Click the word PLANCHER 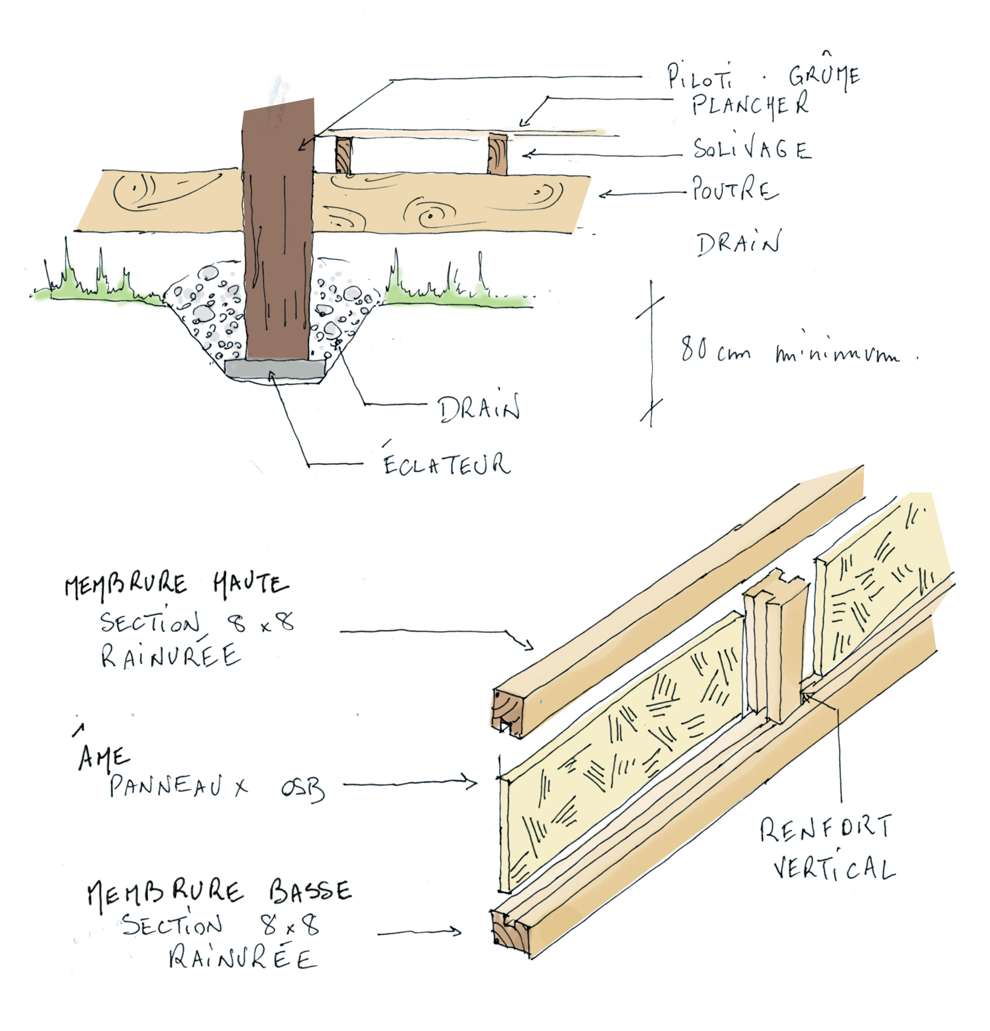[x=750, y=104]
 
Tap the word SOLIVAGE [x=751, y=149]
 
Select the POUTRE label [x=734, y=189]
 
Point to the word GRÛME [x=824, y=76]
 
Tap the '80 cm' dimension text [x=715, y=349]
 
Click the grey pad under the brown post [x=275, y=369]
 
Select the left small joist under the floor [x=343, y=155]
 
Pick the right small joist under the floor [x=497, y=154]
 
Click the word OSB [x=302, y=789]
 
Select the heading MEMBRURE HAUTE [x=176, y=585]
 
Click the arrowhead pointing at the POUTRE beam [x=603, y=194]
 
